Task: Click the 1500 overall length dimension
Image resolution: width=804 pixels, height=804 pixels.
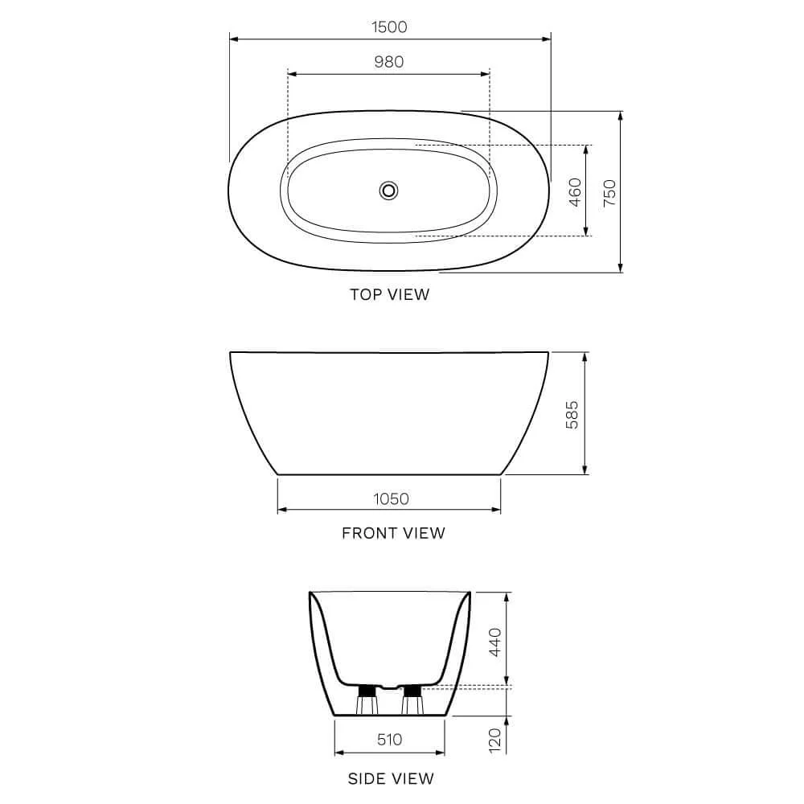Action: point(389,27)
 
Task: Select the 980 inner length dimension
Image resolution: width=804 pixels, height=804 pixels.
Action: point(389,62)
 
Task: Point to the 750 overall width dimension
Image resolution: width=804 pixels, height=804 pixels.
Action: point(609,192)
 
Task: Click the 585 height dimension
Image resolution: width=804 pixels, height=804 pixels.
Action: point(572,413)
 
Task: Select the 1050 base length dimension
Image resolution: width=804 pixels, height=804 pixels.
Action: point(391,498)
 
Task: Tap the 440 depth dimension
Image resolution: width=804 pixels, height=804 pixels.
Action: point(495,641)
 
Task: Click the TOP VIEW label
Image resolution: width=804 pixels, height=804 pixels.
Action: point(389,294)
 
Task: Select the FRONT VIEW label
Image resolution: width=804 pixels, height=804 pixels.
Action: point(393,532)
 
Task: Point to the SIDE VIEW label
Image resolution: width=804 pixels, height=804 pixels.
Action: point(391,778)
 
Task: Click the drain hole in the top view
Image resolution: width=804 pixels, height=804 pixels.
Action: point(389,191)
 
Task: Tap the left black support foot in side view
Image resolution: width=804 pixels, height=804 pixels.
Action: point(367,691)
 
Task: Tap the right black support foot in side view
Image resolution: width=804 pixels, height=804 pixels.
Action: point(412,691)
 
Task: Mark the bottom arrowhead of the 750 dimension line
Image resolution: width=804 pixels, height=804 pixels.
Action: point(621,268)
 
